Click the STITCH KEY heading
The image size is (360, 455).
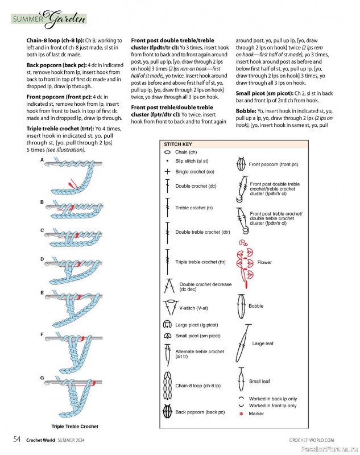coord(178,145)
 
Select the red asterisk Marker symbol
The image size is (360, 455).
coord(242,413)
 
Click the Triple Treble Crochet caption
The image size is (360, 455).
coord(75,427)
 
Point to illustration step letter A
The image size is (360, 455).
coord(42,160)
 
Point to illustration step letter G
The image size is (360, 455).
coord(42,378)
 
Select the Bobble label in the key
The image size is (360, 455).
coord(256,306)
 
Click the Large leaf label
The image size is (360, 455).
coord(263,344)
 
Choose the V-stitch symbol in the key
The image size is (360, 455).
coord(169,308)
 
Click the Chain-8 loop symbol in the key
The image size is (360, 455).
coord(168,386)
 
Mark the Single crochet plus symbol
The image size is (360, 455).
coord(167,171)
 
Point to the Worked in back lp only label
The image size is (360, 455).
coord(272,399)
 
